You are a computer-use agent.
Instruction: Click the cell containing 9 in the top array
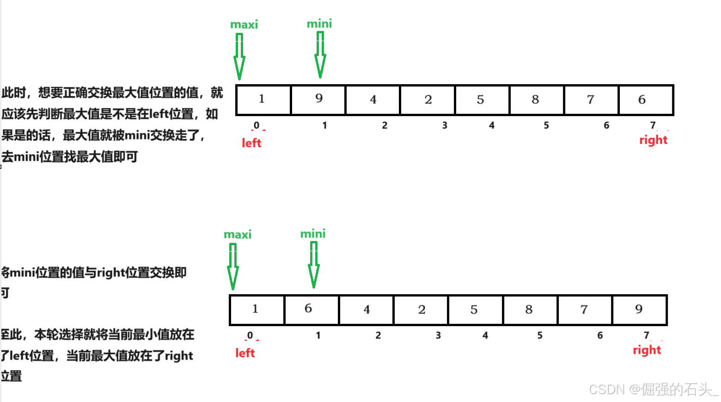tap(318, 100)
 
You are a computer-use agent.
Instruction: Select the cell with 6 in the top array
tap(646, 100)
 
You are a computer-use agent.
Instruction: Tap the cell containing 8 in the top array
tap(536, 100)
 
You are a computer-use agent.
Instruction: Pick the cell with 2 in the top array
tap(428, 100)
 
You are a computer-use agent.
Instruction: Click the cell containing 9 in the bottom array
tap(639, 309)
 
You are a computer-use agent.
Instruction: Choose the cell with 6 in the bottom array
tap(312, 309)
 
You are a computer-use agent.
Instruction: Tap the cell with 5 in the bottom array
tap(475, 309)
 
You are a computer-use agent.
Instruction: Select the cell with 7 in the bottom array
tap(585, 309)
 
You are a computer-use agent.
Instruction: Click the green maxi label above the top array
tap(244, 25)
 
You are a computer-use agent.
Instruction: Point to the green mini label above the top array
tap(319, 24)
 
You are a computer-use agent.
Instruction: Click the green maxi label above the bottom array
tap(238, 235)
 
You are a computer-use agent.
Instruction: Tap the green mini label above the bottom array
tap(313, 234)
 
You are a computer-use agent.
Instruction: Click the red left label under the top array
tap(251, 143)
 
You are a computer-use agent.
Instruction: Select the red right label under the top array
tap(653, 140)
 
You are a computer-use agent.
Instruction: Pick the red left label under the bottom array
tap(245, 353)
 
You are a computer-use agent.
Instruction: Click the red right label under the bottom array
tap(647, 350)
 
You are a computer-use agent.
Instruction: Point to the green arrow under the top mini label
tap(320, 56)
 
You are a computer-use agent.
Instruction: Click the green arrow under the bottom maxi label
tap(233, 266)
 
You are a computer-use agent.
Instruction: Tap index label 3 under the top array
tap(445, 125)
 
